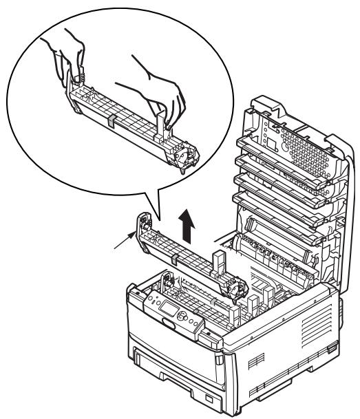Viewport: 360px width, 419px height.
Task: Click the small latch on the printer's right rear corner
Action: (335, 307)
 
